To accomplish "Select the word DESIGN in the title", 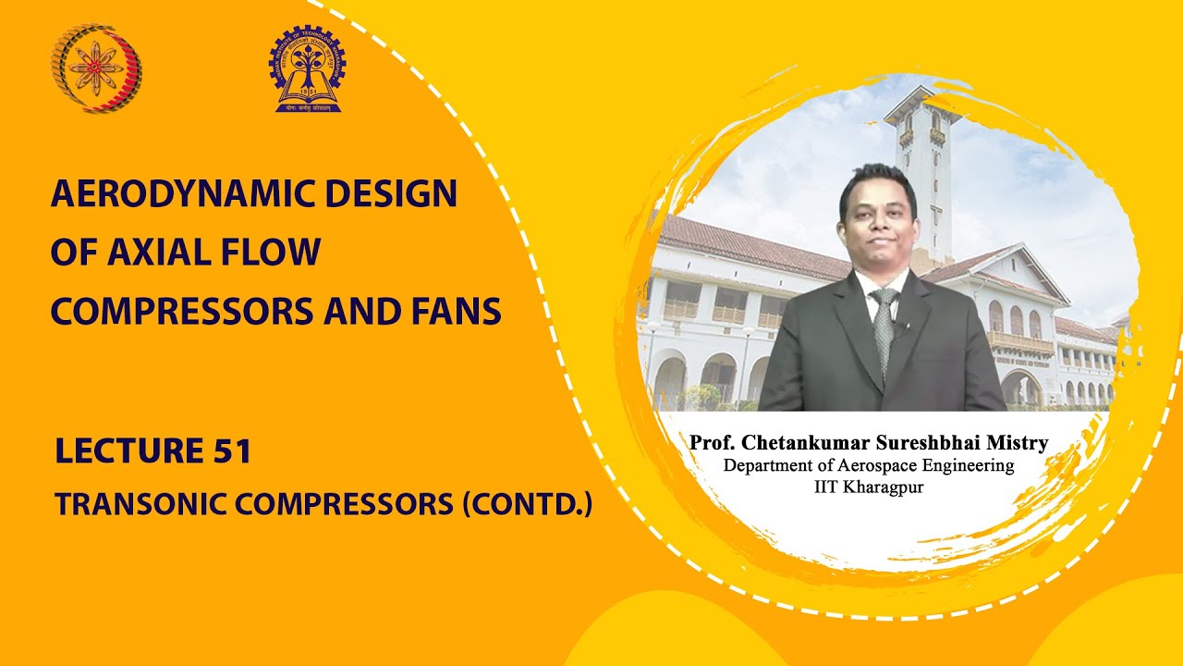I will pos(394,195).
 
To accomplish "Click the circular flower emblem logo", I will pos(96,68).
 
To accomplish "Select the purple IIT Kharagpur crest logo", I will pos(308,69).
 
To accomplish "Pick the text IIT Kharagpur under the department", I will pos(869,487).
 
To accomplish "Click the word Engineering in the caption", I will pos(971,465).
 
